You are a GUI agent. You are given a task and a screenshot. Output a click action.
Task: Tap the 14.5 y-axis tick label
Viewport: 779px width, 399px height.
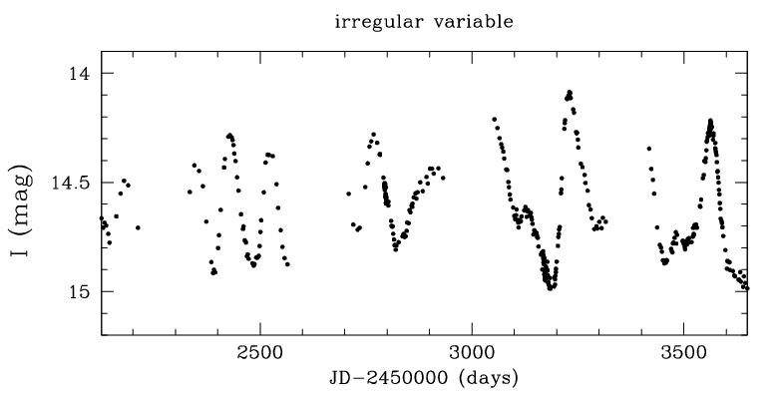72,183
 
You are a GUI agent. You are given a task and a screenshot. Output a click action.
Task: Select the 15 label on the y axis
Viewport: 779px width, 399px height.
81,291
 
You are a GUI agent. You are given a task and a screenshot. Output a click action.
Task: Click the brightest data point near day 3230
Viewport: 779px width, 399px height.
570,92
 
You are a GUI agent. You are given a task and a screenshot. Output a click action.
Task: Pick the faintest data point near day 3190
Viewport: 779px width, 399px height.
551,288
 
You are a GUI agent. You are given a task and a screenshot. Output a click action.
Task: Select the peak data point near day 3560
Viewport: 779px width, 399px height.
710,121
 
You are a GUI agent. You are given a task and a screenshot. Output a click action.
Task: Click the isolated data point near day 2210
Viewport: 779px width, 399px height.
138,227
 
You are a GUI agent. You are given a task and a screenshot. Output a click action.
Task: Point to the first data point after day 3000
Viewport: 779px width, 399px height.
494,119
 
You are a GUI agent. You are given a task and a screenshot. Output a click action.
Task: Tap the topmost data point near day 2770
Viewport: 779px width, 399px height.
373,134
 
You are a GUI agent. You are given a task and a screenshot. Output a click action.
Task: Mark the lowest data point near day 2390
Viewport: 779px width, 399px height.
214,272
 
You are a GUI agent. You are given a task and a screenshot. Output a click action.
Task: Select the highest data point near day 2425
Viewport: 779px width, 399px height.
229,135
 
